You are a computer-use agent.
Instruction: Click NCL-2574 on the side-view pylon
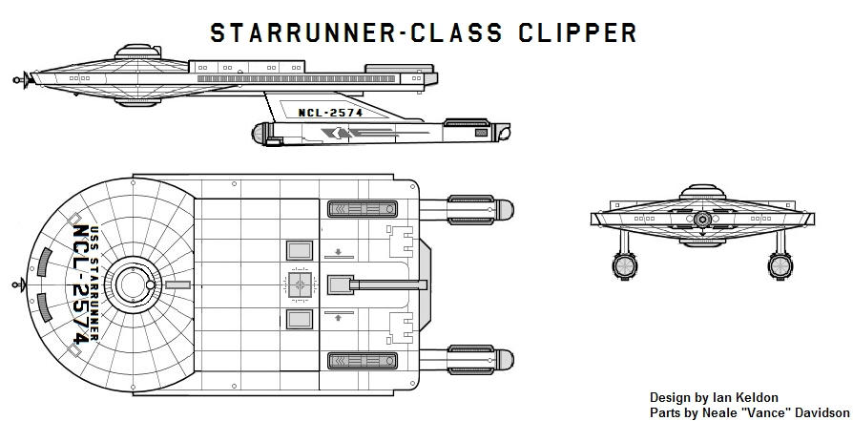[x=331, y=112]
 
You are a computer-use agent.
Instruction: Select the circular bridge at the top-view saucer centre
[x=130, y=284]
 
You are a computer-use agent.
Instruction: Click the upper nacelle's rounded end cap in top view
[x=503, y=208]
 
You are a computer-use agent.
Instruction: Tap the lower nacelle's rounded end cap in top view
[x=503, y=360]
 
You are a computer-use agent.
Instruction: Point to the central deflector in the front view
[x=702, y=219]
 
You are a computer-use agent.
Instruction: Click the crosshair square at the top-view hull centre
[x=299, y=284]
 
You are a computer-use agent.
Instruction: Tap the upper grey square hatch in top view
[x=299, y=250]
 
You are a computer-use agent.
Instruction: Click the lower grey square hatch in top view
[x=299, y=319]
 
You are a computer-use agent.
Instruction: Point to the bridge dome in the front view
[x=702, y=192]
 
